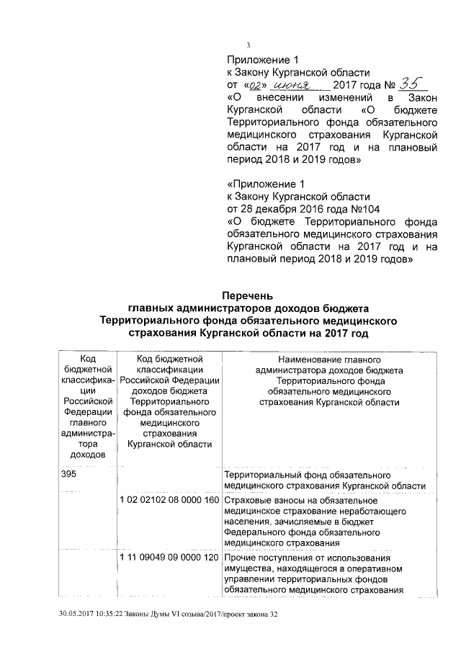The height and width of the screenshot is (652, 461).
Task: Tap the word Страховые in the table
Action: (x=247, y=501)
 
